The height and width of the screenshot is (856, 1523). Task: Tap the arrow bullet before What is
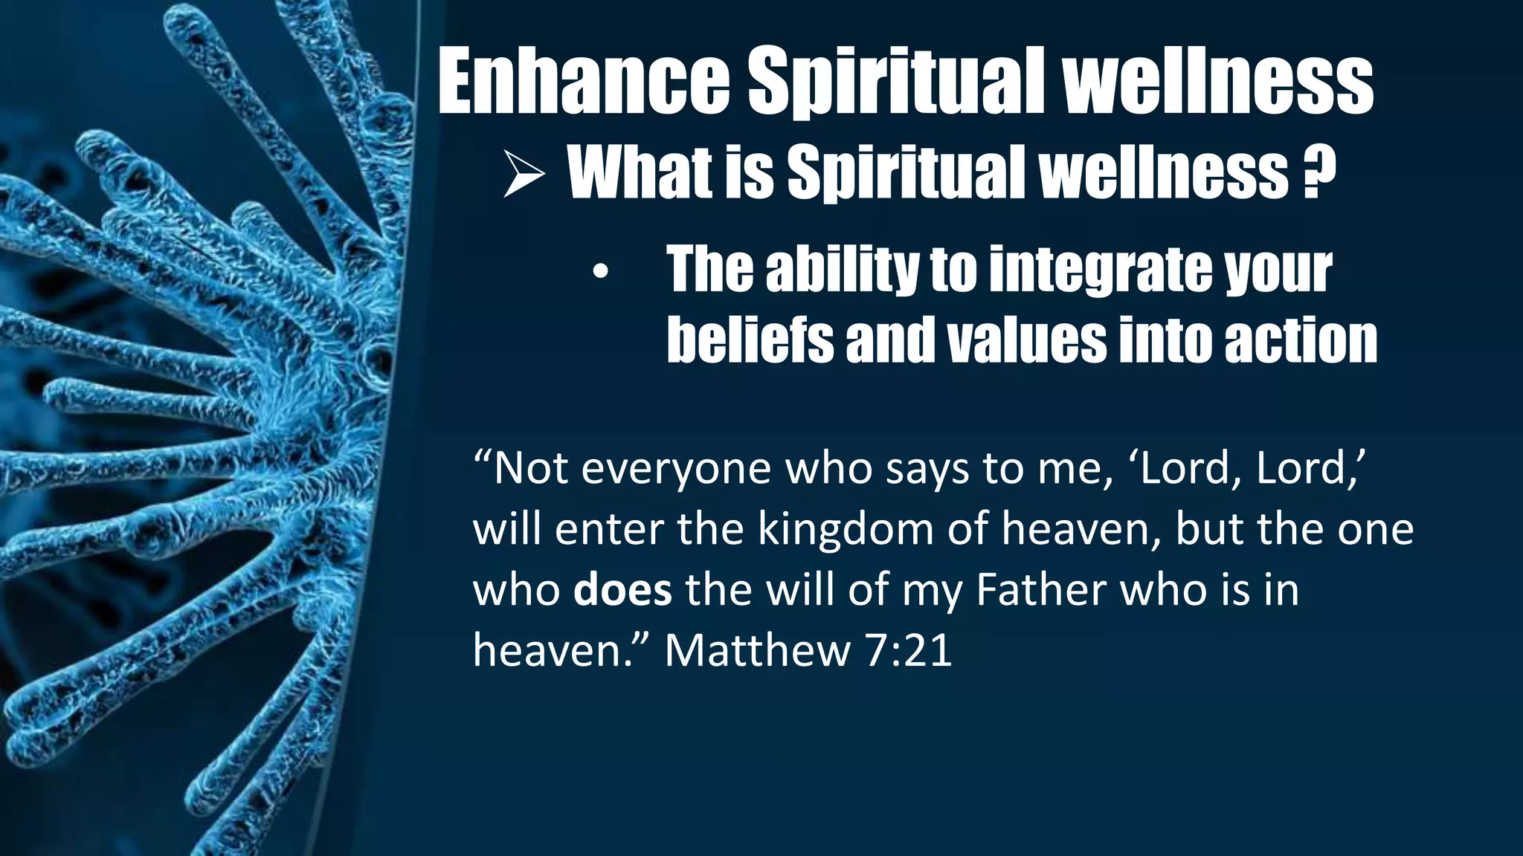(x=524, y=174)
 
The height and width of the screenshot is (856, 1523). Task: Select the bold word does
(x=622, y=590)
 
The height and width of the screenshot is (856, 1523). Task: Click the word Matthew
(x=757, y=650)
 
